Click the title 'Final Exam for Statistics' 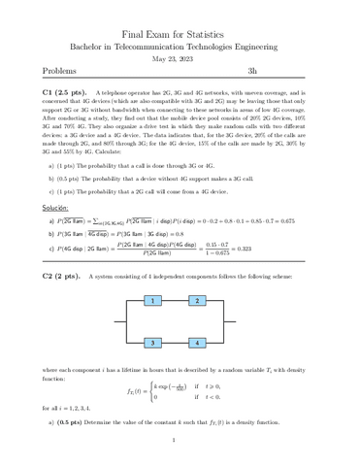180,33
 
